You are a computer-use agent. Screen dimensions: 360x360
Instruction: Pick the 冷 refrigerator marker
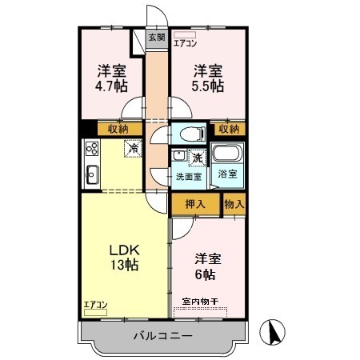point(131,147)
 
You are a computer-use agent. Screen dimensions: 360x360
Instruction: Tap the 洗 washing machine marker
point(198,158)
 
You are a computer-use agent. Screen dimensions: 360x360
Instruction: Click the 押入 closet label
point(195,204)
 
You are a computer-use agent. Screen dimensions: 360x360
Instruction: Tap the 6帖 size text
point(206,274)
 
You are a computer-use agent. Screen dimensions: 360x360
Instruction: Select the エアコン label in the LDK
point(94,304)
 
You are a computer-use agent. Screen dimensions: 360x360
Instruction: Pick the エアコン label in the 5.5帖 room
point(186,44)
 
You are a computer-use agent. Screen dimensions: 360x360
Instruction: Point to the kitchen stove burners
point(90,148)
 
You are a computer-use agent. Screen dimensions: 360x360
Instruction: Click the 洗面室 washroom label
point(189,176)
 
